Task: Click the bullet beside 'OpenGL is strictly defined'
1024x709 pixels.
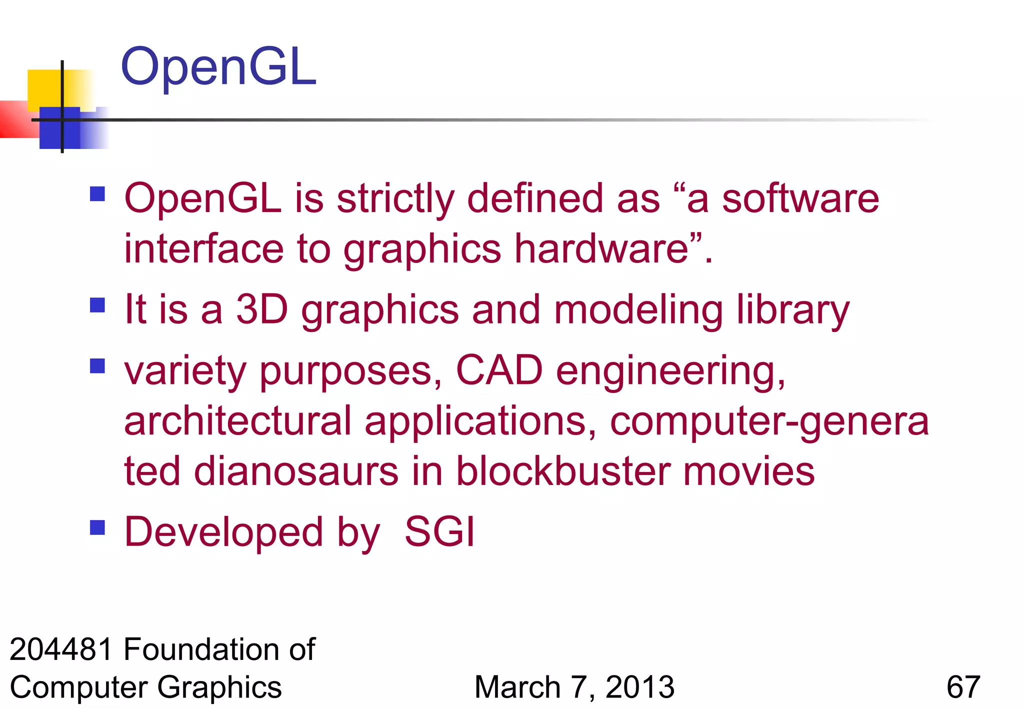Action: pyautogui.click(x=97, y=193)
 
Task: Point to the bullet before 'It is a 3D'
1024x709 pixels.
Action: pyautogui.click(x=97, y=304)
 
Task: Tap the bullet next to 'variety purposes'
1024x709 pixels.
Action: pyautogui.click(x=97, y=366)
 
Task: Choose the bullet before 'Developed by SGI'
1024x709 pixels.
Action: pyautogui.click(x=97, y=527)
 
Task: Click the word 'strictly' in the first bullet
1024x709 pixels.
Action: pyautogui.click(x=395, y=199)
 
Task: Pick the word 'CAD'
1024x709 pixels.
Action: pyautogui.click(x=499, y=370)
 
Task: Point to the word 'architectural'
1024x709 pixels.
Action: pyautogui.click(x=238, y=421)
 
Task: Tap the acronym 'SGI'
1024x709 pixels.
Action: pyautogui.click(x=439, y=531)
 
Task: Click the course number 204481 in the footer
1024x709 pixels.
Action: pyautogui.click(x=61, y=649)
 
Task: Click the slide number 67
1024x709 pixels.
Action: pyautogui.click(x=963, y=687)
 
